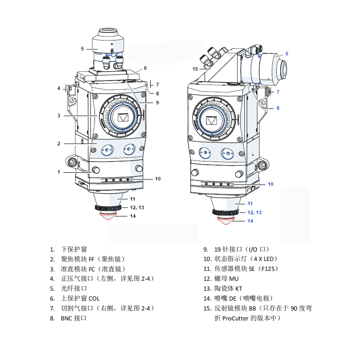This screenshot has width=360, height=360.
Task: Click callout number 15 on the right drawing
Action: click(195, 69)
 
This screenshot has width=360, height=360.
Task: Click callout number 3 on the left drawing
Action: click(59, 116)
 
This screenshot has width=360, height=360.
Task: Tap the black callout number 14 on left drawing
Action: click(132, 216)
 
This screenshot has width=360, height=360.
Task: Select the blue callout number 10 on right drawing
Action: click(270, 184)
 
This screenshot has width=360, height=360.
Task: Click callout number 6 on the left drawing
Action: click(145, 68)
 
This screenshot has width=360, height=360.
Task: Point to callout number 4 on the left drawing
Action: click(59, 88)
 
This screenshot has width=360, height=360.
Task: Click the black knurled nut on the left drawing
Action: click(108, 208)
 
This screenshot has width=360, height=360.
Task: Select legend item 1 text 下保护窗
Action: click(74, 249)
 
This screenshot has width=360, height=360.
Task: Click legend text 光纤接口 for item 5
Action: click(74, 288)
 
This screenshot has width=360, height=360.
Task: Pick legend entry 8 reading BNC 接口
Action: click(73, 318)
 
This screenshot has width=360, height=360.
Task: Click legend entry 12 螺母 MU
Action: click(226, 279)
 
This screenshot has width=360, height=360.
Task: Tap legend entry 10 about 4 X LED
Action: click(246, 259)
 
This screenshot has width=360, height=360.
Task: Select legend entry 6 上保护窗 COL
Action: click(80, 298)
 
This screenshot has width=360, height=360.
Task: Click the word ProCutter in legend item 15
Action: click(237, 318)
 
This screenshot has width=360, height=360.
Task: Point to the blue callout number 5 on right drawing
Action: click(287, 54)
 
